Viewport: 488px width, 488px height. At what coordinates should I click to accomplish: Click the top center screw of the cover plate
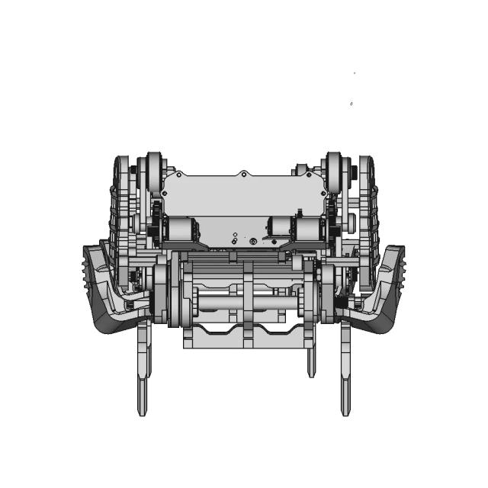click(243, 174)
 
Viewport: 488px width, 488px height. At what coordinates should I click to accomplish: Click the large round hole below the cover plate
click(253, 242)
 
